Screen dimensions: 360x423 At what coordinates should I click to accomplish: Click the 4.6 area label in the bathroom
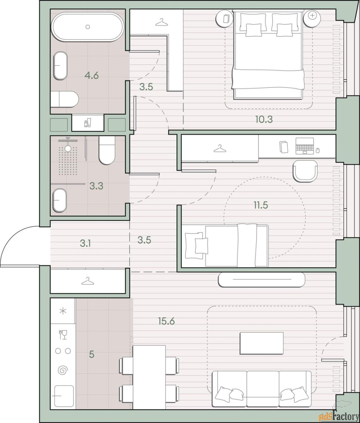(91, 76)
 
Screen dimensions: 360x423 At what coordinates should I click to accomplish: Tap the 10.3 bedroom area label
(264, 119)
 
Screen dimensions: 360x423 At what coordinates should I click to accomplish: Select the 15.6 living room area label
(166, 321)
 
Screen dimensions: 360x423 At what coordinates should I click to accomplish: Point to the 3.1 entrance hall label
(85, 244)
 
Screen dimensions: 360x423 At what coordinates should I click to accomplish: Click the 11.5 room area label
(261, 205)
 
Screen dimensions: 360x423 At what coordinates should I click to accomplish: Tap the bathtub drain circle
(88, 27)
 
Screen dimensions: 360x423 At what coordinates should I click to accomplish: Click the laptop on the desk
(305, 146)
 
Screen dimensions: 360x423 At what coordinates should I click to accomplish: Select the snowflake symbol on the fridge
(63, 311)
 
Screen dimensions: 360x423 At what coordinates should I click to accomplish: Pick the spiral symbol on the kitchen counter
(63, 370)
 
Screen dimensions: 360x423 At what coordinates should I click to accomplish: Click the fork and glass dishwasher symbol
(63, 335)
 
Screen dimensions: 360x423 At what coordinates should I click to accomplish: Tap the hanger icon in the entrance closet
(88, 281)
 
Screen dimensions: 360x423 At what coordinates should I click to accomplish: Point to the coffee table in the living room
(262, 343)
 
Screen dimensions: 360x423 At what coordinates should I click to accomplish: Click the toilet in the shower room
(107, 150)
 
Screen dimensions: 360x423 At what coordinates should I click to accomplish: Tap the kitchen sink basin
(64, 396)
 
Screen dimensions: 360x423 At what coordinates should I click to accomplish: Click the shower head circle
(68, 148)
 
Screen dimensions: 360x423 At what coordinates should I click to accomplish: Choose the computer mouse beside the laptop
(318, 150)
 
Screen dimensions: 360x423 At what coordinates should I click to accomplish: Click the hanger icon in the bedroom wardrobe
(162, 22)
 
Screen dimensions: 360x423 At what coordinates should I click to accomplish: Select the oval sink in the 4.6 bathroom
(60, 65)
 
